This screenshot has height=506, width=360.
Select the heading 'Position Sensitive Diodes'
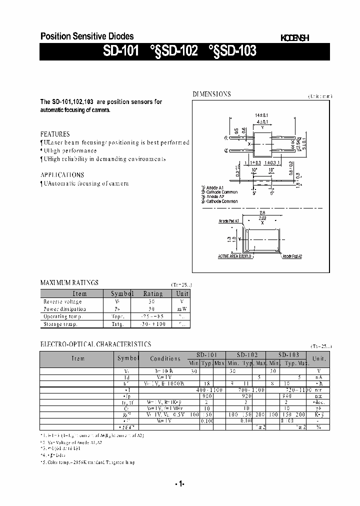point(86,36)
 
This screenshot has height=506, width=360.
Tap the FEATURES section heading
point(55,134)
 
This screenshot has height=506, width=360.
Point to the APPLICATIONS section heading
point(62,175)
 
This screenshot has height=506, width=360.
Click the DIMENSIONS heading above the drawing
point(212,94)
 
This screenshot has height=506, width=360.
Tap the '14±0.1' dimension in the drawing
point(262,115)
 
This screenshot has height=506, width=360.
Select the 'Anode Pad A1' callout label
point(228,220)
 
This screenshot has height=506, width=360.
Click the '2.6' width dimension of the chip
point(262,212)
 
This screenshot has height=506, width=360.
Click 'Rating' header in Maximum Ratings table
point(153,293)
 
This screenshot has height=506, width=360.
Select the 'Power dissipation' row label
point(64,309)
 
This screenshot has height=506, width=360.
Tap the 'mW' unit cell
point(182,309)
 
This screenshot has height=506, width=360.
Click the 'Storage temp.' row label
point(60,324)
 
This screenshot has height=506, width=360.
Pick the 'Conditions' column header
point(165,358)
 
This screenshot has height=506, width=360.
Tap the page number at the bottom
point(180,483)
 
